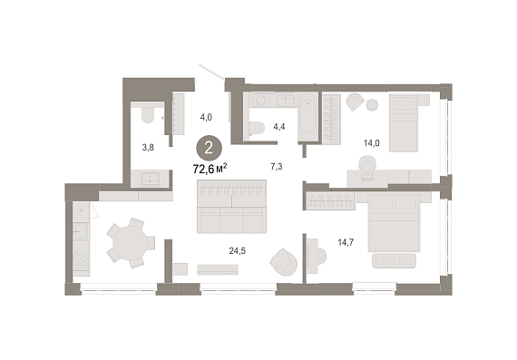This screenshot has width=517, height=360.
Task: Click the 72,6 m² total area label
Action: point(210,170)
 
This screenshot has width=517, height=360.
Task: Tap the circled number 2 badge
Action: point(209,149)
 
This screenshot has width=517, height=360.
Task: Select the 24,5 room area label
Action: point(238,251)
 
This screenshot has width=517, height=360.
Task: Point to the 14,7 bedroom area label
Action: point(346,243)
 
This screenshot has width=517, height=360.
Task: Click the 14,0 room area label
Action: point(372,143)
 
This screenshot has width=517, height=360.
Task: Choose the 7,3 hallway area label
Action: point(277,167)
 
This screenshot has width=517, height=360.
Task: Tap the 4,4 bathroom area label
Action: point(279,127)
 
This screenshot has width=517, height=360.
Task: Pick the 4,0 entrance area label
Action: point(206,117)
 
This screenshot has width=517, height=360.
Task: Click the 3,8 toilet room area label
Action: point(148,148)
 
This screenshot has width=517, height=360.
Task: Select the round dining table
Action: point(130,243)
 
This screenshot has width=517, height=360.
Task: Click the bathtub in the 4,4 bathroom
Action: point(308,117)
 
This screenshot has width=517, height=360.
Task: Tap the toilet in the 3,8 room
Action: point(148,112)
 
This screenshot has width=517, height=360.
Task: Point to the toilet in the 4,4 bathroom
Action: point(258,128)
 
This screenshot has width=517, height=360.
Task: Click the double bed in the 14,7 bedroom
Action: point(394,222)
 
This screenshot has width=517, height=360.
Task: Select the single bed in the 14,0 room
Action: point(404,123)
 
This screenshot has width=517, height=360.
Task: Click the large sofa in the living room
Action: point(231,207)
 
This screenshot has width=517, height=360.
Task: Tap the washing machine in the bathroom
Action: point(262,100)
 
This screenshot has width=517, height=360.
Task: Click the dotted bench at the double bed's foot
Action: point(394,261)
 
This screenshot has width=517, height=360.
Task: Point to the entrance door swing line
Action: point(211,73)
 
